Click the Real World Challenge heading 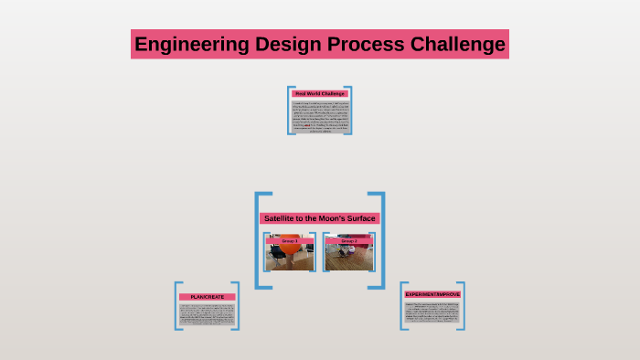coord(320,93)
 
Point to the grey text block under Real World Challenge coord(320,116)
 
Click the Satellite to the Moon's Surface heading coord(320,218)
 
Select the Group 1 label coord(290,241)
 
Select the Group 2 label coord(349,241)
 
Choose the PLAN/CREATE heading coord(208,297)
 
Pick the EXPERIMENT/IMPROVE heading coord(432,294)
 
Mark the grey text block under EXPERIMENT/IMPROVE coord(432,312)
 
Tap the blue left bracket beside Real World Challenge coord(290,110)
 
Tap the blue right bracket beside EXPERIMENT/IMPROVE coord(464,305)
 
